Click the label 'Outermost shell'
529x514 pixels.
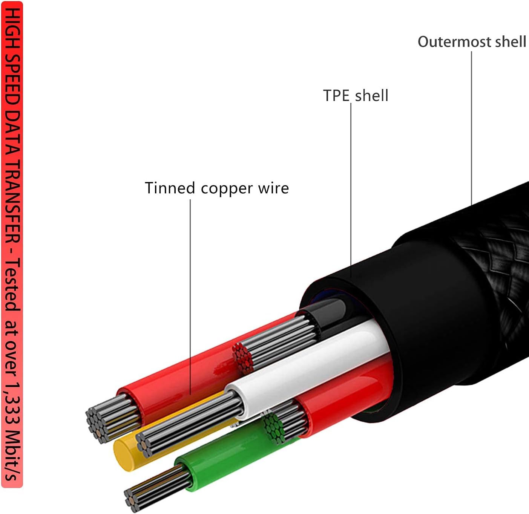tap(472, 41)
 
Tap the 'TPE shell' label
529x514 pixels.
tap(356, 96)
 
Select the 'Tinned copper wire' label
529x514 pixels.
tap(217, 188)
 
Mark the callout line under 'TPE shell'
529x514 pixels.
tap(351, 188)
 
